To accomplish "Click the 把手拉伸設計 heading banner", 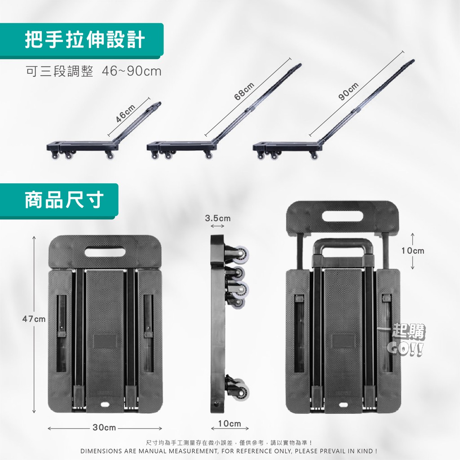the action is pos(82,41).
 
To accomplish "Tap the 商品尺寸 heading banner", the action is pos(59,201).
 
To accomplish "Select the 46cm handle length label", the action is pos(126,113).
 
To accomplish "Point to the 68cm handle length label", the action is pos(244,91).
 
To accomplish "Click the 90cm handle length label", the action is pos(349,91).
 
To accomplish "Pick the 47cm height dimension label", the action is pos(34,319).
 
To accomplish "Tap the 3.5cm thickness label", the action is pos(218,218).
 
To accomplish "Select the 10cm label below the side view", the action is pos(230,423).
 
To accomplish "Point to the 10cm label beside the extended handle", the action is pos(413,251).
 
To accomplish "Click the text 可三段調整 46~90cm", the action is pos(93,71).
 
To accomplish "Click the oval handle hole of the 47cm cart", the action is pos(105,252).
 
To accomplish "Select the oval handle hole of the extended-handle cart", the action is pos(342,217).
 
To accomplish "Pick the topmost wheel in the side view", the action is pos(241,253).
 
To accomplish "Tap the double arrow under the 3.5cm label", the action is pos(218,226).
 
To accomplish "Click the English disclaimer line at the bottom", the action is pos(229,451).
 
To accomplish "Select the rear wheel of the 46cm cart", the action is pos(110,155).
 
